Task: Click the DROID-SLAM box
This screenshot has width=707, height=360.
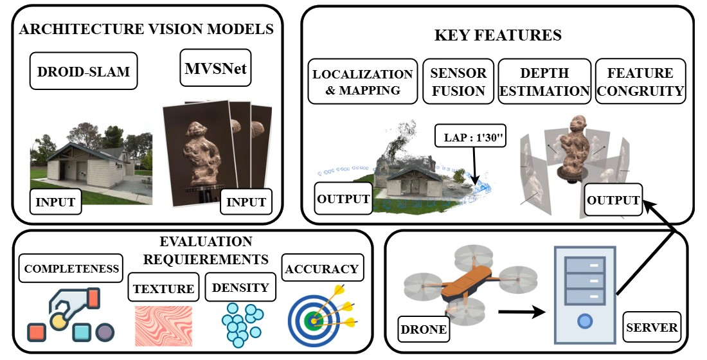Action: tap(84, 72)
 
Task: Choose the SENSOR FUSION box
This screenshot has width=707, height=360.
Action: tap(458, 82)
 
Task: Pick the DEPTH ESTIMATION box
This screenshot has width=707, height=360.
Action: tap(545, 82)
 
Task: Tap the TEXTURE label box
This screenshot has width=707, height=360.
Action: tap(163, 289)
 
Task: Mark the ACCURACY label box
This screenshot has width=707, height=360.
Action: tap(323, 268)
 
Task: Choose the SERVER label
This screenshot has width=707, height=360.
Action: tap(651, 328)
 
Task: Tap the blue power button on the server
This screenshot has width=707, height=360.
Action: tap(584, 319)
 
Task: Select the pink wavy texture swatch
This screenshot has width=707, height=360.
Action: tap(164, 326)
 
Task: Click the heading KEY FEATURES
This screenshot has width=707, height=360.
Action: tap(497, 35)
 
